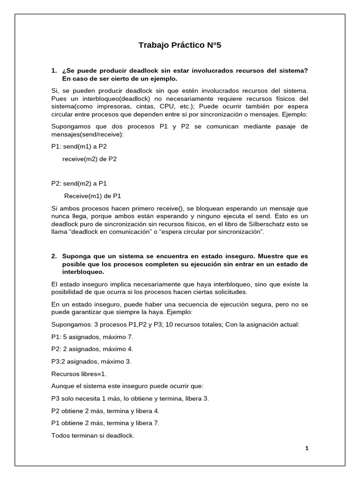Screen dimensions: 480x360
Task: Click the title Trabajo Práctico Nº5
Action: [180, 45]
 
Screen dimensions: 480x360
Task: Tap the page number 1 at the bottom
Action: [307, 448]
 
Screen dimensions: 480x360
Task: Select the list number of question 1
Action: [54, 70]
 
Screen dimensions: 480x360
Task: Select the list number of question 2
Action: [54, 256]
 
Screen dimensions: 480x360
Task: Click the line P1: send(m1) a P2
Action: [79, 146]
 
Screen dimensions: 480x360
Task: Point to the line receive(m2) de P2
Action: [90, 159]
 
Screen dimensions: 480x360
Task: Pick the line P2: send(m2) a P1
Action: [79, 183]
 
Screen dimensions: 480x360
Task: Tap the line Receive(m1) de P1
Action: [92, 196]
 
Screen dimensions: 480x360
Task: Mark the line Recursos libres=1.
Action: [79, 374]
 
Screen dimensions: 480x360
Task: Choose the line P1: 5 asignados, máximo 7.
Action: [92, 337]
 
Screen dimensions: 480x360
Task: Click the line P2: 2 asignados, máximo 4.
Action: [92, 349]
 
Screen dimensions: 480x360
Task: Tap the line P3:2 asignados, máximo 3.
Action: [91, 361]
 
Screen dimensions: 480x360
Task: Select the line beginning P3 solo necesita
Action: [130, 398]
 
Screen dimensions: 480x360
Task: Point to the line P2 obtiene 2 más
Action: [105, 411]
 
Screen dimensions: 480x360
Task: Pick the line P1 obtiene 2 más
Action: [105, 423]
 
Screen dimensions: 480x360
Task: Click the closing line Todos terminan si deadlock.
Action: [93, 435]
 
